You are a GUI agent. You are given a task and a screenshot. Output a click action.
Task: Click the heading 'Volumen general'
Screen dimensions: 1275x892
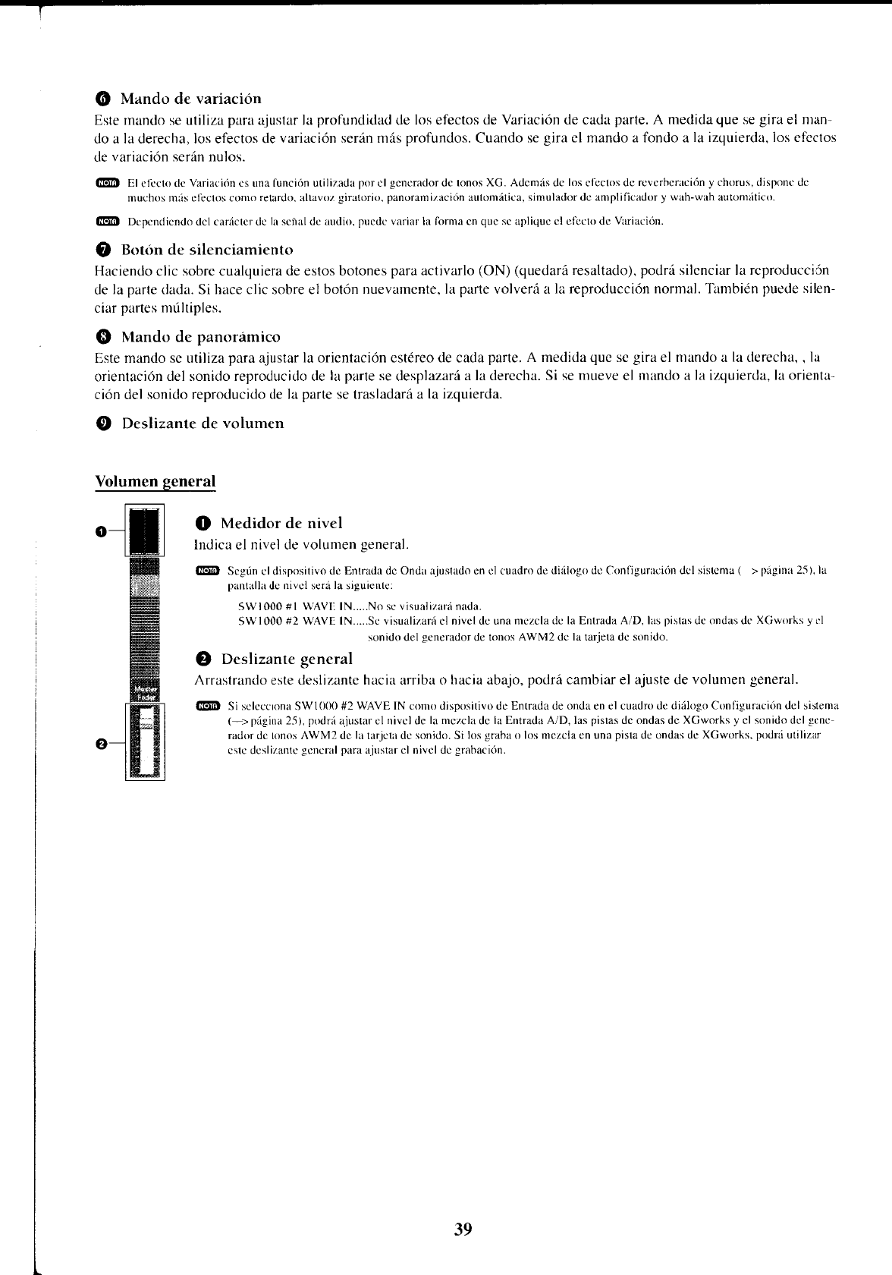point(155,481)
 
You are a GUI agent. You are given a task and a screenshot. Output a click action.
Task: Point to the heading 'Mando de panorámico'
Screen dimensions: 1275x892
point(200,336)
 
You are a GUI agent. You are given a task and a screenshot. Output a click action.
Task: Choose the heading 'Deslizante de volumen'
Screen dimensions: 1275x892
point(203,423)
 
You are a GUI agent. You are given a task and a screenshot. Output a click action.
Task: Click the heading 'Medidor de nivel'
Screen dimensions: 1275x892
point(281,523)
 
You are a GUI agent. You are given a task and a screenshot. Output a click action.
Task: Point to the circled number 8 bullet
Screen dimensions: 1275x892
point(103,337)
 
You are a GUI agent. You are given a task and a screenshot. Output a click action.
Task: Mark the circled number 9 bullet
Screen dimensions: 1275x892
point(103,423)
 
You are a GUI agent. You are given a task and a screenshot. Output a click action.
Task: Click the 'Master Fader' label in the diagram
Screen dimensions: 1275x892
point(144,693)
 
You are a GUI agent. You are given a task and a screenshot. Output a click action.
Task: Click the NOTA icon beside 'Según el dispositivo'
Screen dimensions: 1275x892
point(206,570)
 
